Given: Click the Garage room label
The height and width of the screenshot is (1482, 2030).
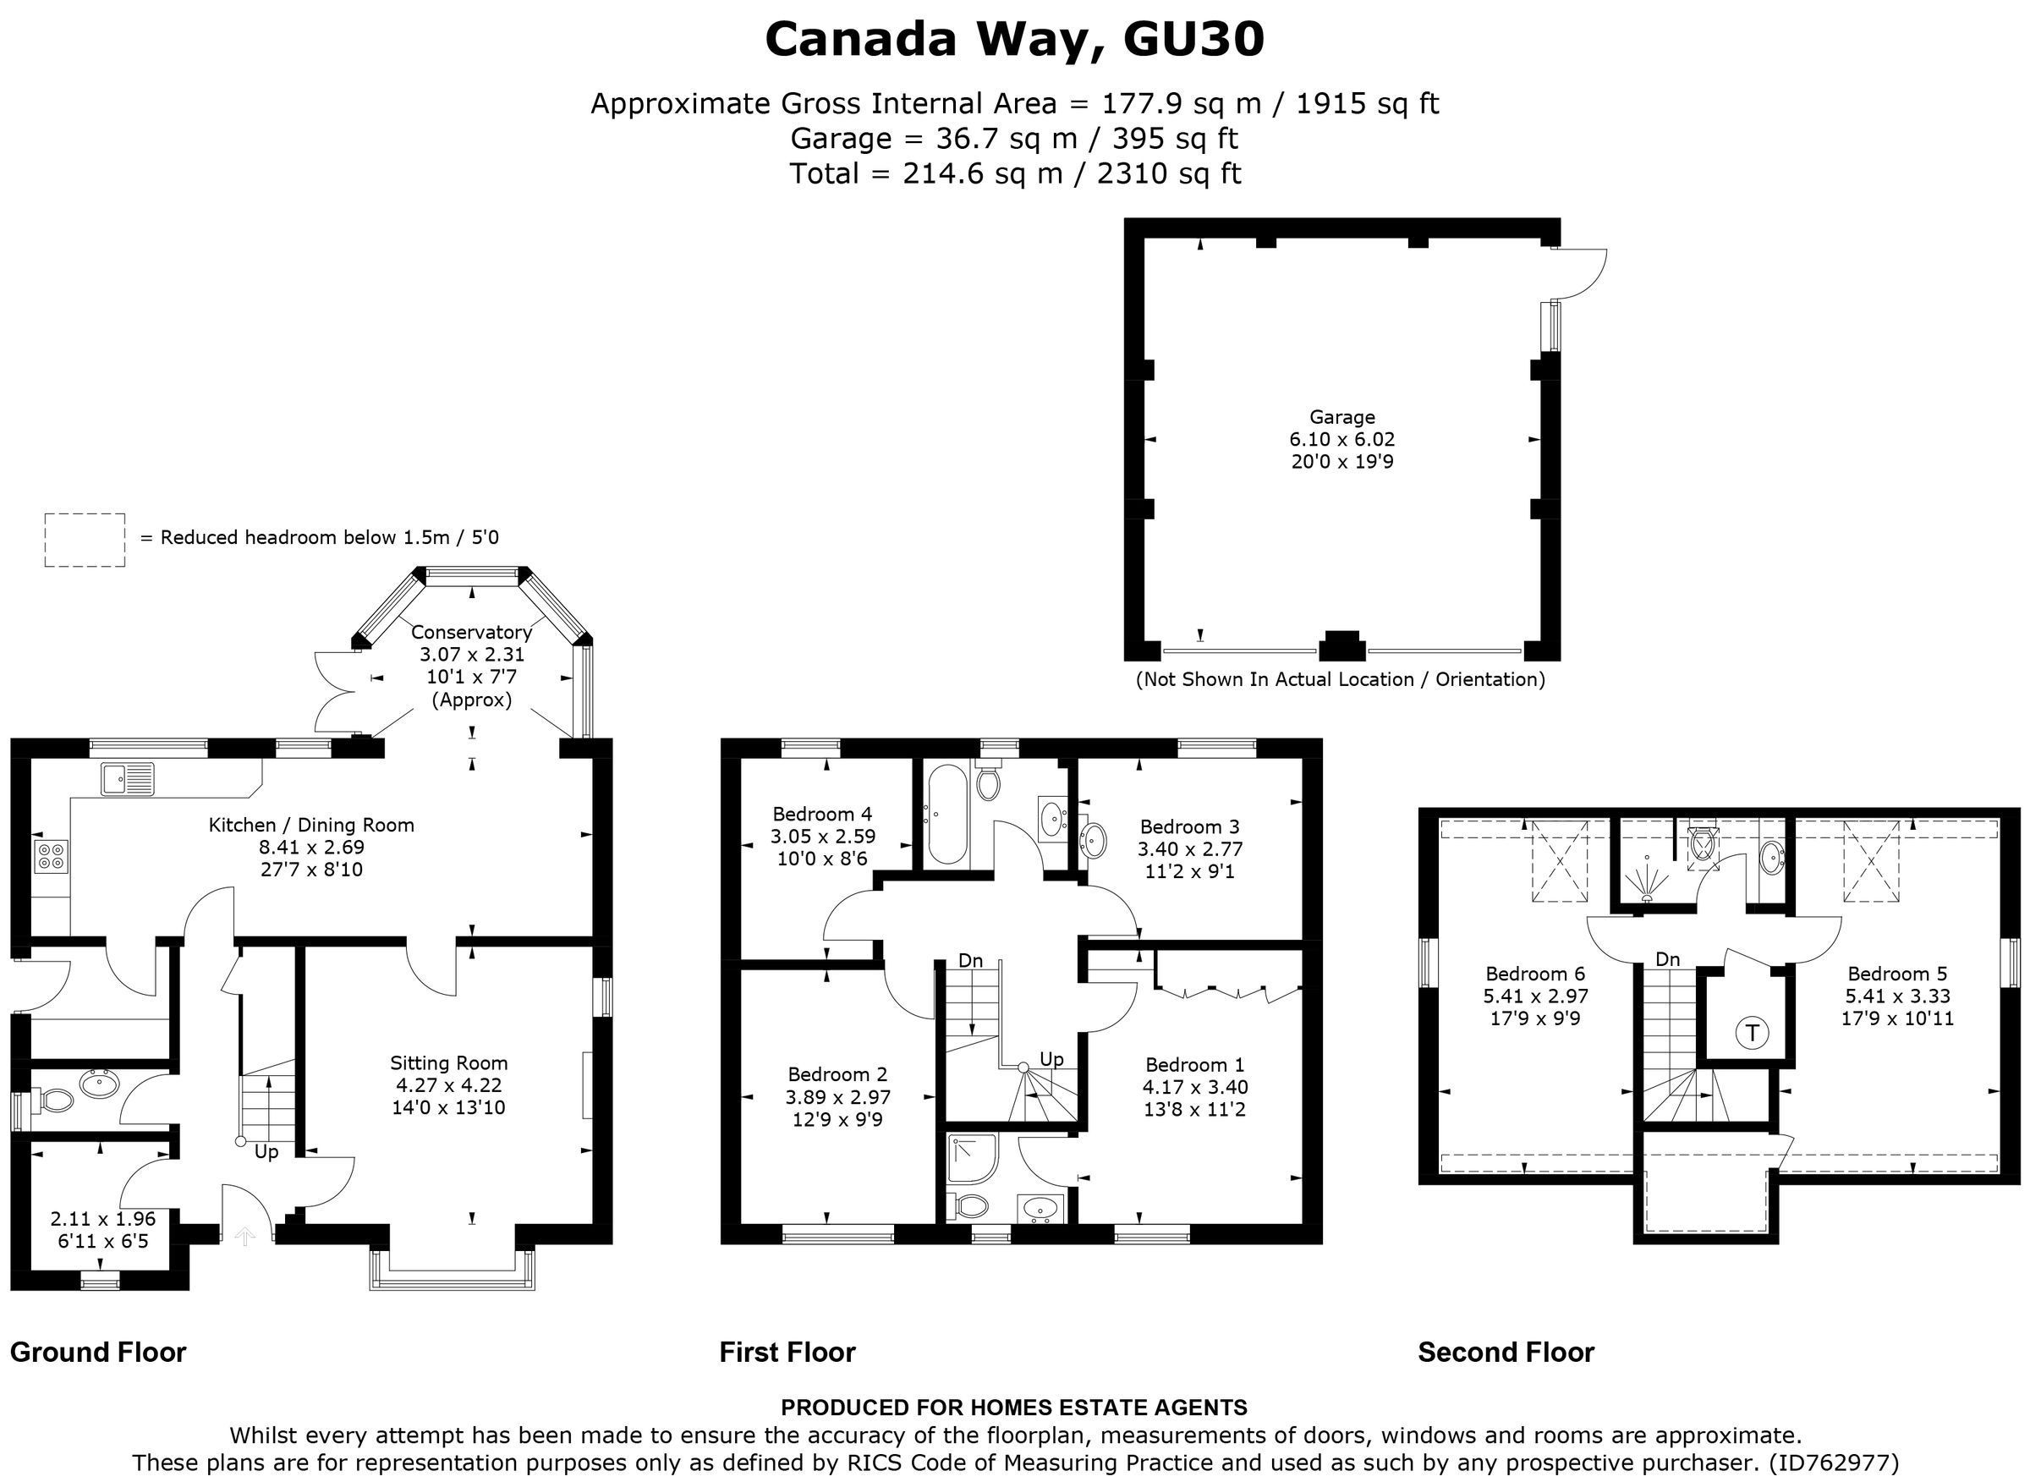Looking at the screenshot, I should [1341, 417].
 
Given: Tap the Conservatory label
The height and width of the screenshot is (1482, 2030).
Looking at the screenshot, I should [471, 633].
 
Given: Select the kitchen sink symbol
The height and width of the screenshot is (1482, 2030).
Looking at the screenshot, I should [128, 779].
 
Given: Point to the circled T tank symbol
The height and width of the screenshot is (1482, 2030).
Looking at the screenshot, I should [1751, 1034].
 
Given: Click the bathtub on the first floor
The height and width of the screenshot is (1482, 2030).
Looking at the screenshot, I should [947, 814].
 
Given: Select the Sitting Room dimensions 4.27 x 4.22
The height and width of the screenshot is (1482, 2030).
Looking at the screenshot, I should [448, 1085].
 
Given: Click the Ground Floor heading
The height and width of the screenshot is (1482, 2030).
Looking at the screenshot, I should [98, 1352].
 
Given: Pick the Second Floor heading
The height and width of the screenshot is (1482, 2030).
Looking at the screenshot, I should [1506, 1352].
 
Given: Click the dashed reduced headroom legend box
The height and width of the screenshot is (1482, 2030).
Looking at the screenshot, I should [85, 540].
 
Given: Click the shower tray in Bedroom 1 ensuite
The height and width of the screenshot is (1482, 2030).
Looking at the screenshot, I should [972, 1159].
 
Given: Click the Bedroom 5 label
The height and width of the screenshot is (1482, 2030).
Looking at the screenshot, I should [1896, 974].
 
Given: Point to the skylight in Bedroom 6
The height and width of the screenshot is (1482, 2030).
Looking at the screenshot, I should [1560, 861].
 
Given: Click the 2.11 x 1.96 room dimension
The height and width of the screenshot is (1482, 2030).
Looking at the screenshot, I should [102, 1219].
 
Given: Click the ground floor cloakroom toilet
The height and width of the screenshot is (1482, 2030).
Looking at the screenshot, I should [54, 1100].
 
